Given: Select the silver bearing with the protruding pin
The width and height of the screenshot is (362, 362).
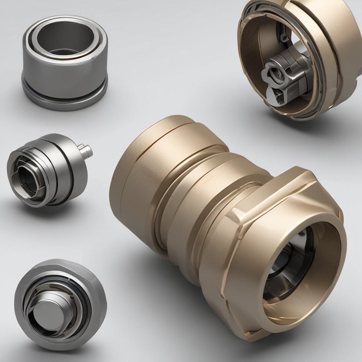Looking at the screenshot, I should [x=49, y=170].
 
